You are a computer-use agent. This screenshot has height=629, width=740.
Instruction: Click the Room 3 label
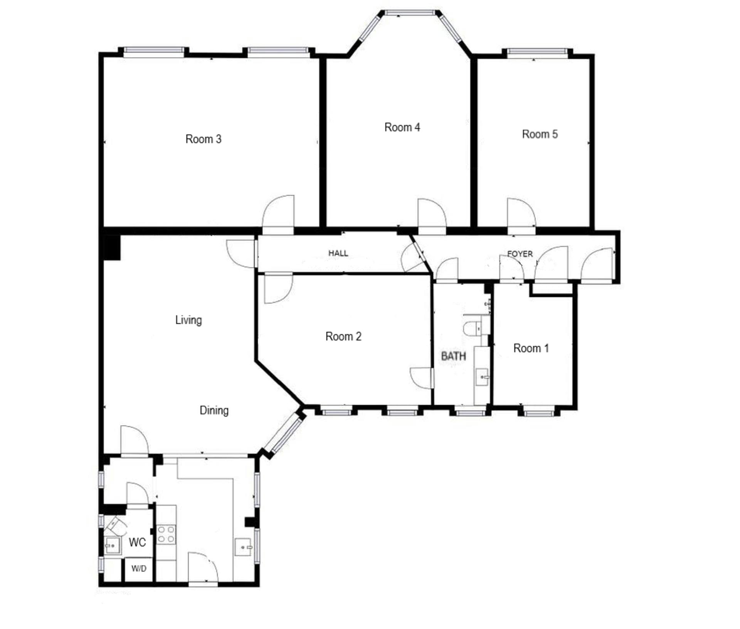coord(203,139)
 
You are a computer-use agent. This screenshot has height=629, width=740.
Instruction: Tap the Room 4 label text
coord(402,127)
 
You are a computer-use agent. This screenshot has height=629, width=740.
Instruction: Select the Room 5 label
coord(539,134)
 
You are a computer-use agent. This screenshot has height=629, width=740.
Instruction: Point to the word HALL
coord(338,253)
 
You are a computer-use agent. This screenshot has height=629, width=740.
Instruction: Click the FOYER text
coord(520,254)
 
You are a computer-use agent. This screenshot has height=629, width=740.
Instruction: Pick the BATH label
coord(453,356)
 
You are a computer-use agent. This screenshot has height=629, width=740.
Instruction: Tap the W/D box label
coord(139,568)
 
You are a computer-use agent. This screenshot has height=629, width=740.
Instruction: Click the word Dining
coord(214,410)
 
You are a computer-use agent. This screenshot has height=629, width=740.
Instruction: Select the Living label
coord(188,320)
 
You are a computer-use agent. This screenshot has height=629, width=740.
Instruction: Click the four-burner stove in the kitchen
coord(166,534)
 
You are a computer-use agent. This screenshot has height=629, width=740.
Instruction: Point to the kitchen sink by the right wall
coord(243,547)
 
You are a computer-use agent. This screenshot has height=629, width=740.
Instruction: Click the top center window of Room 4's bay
coord(410,13)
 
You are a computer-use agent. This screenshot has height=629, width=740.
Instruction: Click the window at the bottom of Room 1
coord(538,413)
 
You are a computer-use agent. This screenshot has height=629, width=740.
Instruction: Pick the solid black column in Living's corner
coord(111,247)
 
